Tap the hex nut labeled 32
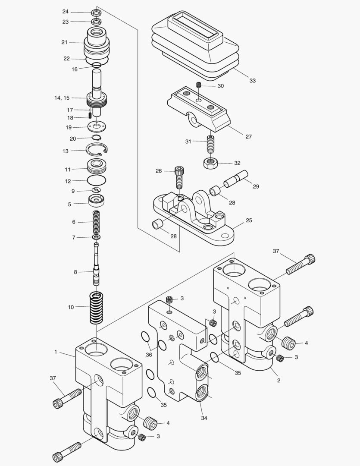click(x=210, y=163)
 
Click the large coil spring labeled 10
click(x=97, y=307)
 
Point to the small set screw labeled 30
click(x=199, y=85)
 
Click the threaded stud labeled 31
click(x=211, y=144)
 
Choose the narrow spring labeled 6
click(x=97, y=222)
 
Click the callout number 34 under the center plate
click(x=204, y=418)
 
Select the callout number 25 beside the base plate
click(x=249, y=220)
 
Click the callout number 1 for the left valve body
click(x=56, y=352)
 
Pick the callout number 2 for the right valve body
click(x=279, y=381)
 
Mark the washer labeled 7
click(x=97, y=237)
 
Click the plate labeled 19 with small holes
click(x=97, y=127)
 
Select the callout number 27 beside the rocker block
click(x=248, y=137)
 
